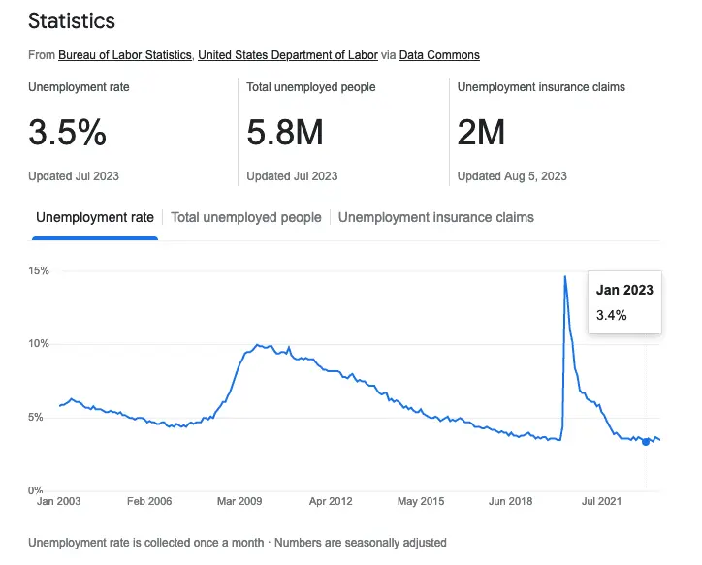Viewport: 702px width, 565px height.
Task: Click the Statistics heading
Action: [x=72, y=20]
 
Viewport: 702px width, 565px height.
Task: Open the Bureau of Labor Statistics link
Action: [x=125, y=55]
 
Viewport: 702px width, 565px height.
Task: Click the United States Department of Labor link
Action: [x=288, y=55]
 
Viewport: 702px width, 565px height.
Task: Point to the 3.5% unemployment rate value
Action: [x=67, y=134]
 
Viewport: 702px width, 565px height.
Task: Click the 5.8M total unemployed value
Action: [x=285, y=134]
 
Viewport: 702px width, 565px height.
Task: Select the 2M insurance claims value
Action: [x=481, y=134]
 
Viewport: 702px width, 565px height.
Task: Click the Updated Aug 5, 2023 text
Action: [x=512, y=176]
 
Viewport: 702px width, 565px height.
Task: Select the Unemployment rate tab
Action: [x=95, y=217]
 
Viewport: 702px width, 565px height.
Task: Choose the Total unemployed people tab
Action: [x=246, y=217]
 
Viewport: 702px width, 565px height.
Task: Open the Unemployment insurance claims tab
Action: [x=436, y=217]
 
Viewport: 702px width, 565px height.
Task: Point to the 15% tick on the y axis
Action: [x=39, y=270]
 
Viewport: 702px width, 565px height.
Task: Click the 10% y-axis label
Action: [x=39, y=344]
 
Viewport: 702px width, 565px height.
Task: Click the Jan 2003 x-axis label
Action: [x=58, y=502]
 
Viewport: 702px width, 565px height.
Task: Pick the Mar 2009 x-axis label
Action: [x=239, y=502]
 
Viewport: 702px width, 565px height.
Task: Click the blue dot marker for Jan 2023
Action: [x=646, y=442]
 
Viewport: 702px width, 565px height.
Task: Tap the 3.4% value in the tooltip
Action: [x=611, y=315]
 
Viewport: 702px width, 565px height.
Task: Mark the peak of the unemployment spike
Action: [x=565, y=277]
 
